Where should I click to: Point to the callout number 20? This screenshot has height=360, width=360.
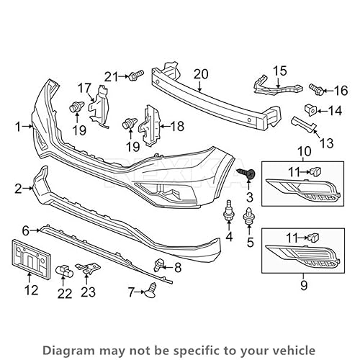point(200,73)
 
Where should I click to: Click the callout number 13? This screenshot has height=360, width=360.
point(326,143)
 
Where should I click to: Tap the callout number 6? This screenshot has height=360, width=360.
point(24,230)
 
